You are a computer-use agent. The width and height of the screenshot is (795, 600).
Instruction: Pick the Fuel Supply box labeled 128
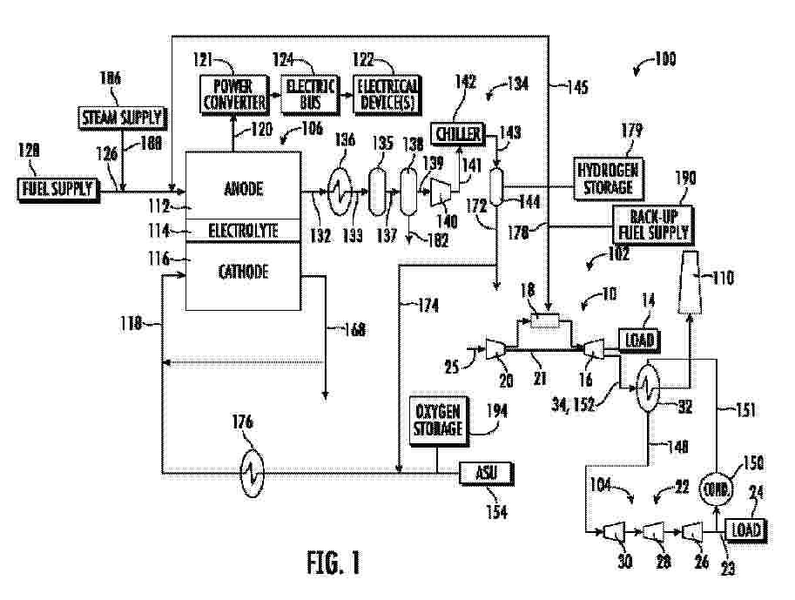pyautogui.click(x=55, y=188)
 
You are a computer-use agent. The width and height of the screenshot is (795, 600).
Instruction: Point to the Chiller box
pyautogui.click(x=459, y=132)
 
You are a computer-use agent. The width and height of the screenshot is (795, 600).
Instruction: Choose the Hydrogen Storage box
pyautogui.click(x=608, y=178)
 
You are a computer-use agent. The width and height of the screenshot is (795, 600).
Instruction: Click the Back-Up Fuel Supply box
pyautogui.click(x=653, y=225)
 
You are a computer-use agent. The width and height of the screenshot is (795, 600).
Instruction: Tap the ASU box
pyautogui.click(x=486, y=473)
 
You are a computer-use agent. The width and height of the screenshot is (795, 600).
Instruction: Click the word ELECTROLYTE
pyautogui.click(x=243, y=231)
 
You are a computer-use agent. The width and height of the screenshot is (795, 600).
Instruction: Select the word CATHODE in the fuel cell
pyautogui.click(x=243, y=272)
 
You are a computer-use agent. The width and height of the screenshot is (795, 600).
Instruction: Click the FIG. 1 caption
pyautogui.click(x=333, y=563)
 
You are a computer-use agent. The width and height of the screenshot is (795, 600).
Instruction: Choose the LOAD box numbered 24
pyautogui.click(x=746, y=529)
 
